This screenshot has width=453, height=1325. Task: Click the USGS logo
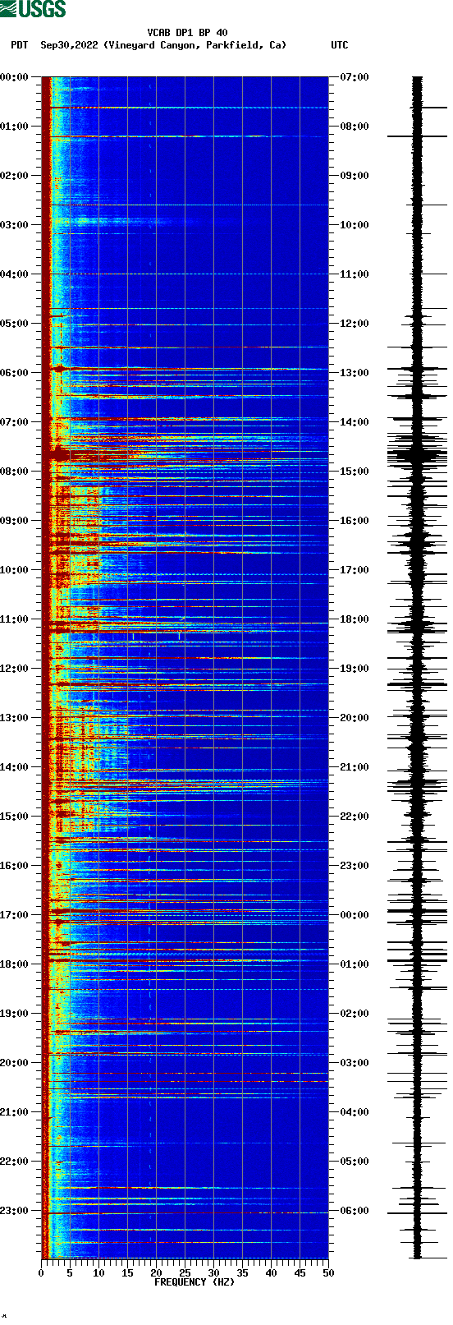coord(33,9)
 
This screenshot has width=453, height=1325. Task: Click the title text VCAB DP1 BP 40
coord(187,33)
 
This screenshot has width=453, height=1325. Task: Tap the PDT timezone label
coord(19,45)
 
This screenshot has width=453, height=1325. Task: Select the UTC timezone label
coord(339,45)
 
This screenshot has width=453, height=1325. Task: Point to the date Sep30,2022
coord(69,45)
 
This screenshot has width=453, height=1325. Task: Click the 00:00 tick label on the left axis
coord(15,77)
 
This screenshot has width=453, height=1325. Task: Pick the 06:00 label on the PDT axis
coord(15,373)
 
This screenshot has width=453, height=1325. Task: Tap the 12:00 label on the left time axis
coord(15,669)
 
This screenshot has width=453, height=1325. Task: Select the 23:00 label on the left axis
coord(15,1211)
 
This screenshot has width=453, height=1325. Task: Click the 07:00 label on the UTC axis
coord(355,77)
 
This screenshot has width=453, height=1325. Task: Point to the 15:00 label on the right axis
coord(355,472)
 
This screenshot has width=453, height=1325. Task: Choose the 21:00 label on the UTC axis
coord(355,767)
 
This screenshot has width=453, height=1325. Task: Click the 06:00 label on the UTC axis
coord(355,1211)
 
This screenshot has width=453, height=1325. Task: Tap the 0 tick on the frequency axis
coord(41,1273)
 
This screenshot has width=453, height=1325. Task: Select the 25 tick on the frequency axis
coord(185,1273)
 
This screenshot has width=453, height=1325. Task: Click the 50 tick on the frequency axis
coord(328,1273)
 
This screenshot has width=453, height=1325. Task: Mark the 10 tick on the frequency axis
coord(98,1273)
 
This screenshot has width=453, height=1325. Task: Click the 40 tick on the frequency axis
coord(271,1273)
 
